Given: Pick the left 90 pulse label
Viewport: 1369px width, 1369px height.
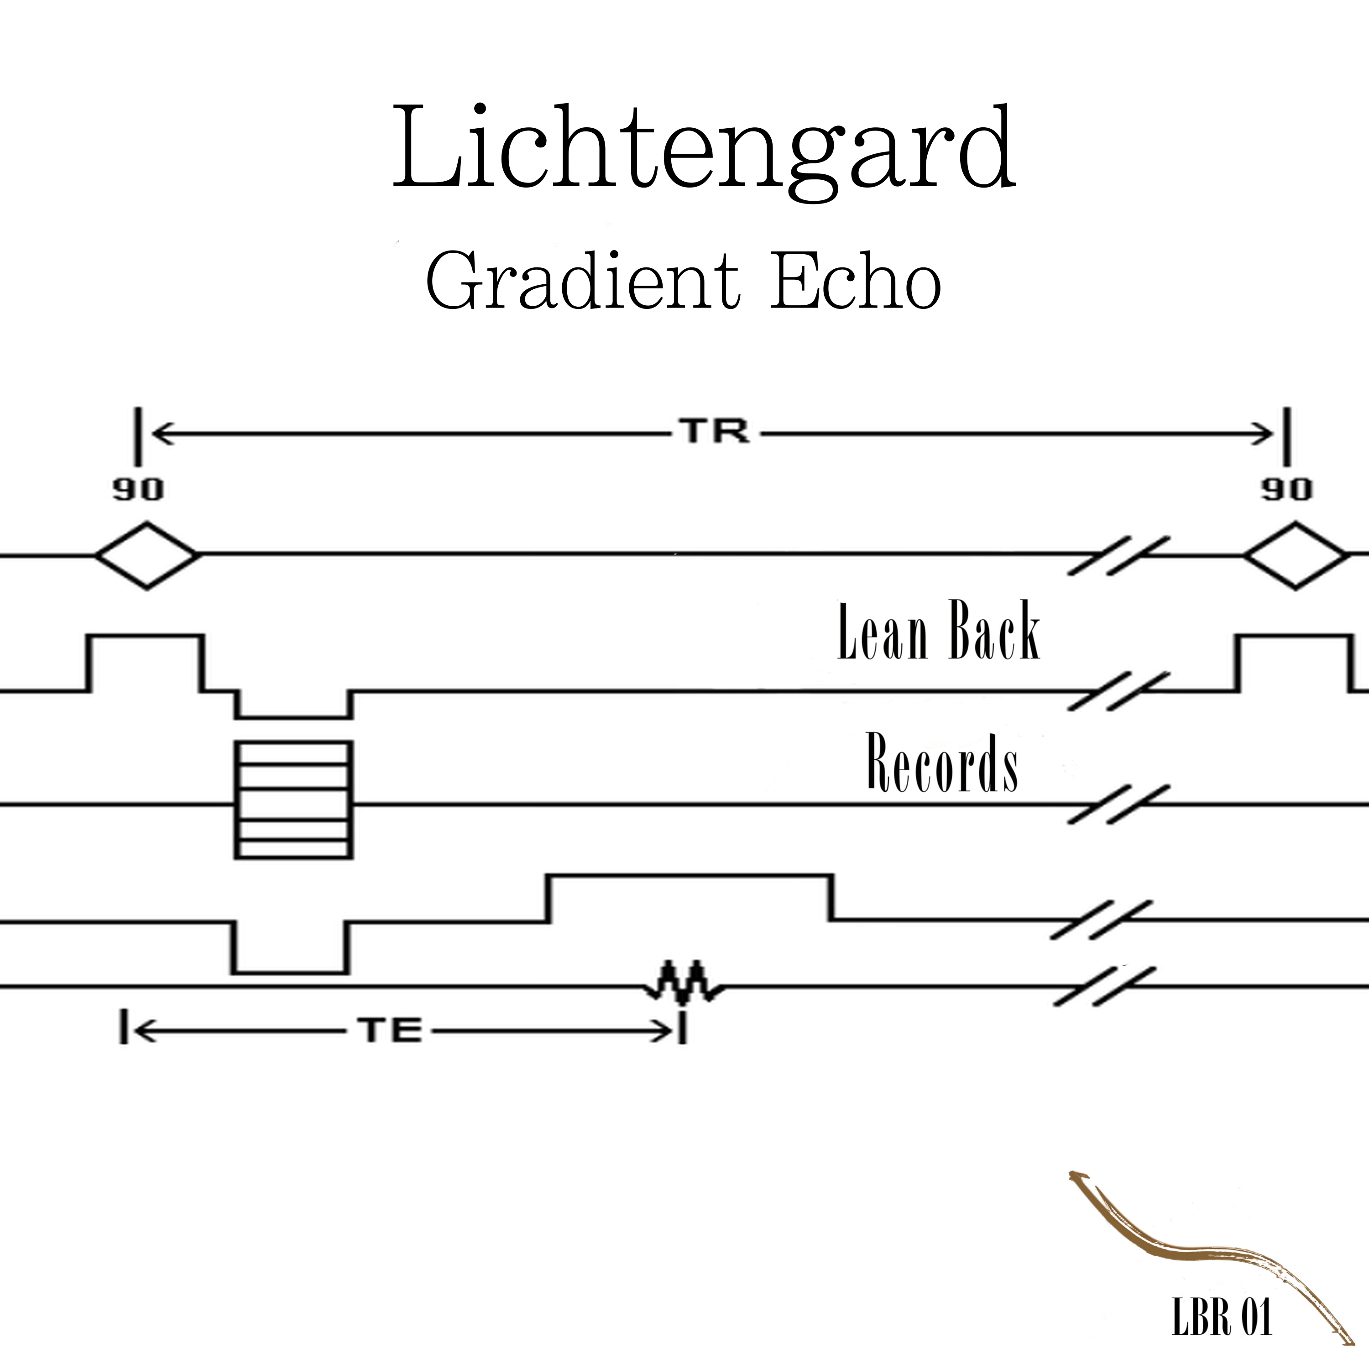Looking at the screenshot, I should (138, 491).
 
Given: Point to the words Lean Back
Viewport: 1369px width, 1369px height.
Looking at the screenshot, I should (938, 633).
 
